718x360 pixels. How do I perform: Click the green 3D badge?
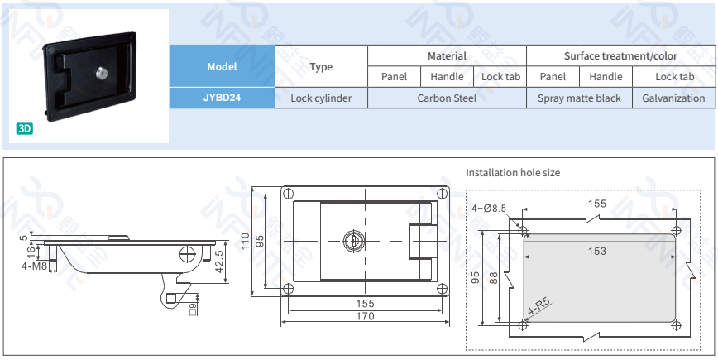(25, 129)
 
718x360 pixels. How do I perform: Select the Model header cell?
(222, 66)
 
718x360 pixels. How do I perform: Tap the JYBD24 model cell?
(222, 98)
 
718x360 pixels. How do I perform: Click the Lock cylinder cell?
(321, 98)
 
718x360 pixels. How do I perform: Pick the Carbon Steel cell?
(447, 98)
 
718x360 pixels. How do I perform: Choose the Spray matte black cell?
(579, 98)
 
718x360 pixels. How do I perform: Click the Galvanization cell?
(673, 98)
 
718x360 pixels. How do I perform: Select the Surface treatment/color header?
(620, 55)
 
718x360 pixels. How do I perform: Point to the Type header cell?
(321, 66)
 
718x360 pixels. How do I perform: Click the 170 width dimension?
(364, 315)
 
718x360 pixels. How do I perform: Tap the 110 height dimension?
(246, 241)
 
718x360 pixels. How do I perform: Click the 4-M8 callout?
(34, 266)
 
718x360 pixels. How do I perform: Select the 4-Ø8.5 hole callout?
(489, 209)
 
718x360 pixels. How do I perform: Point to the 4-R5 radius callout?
(539, 305)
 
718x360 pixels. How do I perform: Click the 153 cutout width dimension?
(596, 251)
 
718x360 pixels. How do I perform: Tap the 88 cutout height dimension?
(494, 279)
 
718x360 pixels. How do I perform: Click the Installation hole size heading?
(513, 173)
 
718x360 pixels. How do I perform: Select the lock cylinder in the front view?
(350, 240)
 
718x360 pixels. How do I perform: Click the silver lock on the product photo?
(102, 73)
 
